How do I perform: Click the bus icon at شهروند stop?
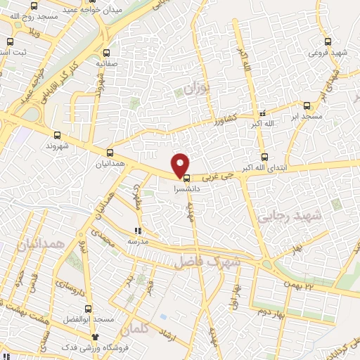pos(56,136)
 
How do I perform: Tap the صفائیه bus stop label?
pos(107,62)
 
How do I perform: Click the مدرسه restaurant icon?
pos(139,230)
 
